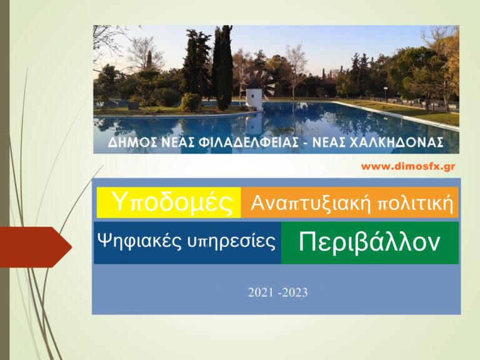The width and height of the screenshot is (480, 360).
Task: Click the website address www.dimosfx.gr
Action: pos(408,167)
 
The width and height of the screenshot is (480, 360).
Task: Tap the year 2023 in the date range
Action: pos(296,292)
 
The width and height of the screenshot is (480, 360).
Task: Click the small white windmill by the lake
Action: pos(253,98)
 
